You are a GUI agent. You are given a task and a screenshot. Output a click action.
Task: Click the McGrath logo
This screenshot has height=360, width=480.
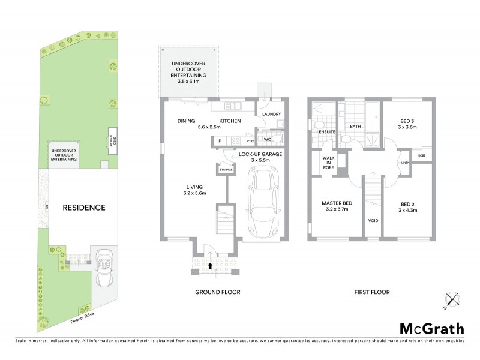tap(430, 328)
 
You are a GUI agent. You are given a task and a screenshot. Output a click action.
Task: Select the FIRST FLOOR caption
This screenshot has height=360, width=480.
tap(371, 292)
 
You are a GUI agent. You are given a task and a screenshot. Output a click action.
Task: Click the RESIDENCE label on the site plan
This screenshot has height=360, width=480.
tap(84, 208)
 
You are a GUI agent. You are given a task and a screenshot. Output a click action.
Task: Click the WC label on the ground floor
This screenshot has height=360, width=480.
tap(268, 140)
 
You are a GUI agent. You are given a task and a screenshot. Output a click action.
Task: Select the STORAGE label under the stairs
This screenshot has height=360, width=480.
tap(226, 170)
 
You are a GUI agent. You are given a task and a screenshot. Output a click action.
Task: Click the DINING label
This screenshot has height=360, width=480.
tap(187, 121)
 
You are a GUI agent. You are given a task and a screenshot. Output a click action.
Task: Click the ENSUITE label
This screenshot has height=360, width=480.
tap(326, 131)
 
